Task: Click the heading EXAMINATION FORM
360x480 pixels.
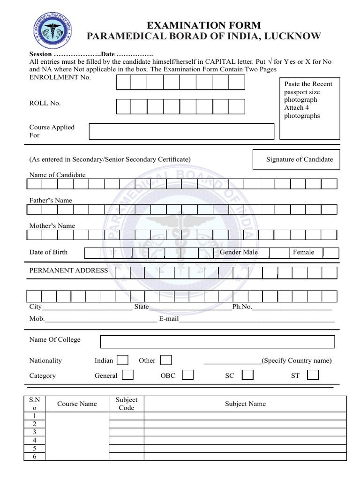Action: point(203,25)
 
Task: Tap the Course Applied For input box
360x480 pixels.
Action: point(181,131)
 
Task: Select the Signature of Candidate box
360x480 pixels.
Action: point(296,159)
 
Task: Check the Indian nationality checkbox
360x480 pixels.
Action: point(122,360)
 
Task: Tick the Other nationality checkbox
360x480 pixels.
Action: point(165,360)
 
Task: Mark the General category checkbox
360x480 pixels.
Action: point(127,375)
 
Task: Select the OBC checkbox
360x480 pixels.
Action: point(188,375)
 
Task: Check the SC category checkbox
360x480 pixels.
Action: point(247,375)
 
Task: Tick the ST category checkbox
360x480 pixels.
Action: point(313,375)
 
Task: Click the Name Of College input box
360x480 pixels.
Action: point(217,342)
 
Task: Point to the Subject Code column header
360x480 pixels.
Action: point(126,404)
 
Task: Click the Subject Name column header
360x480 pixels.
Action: point(245,404)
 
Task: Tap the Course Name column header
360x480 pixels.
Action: point(77,404)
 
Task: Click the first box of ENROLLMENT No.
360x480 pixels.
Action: point(124,82)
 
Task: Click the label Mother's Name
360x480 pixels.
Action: point(52,225)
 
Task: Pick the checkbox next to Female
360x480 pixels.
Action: point(331,253)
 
